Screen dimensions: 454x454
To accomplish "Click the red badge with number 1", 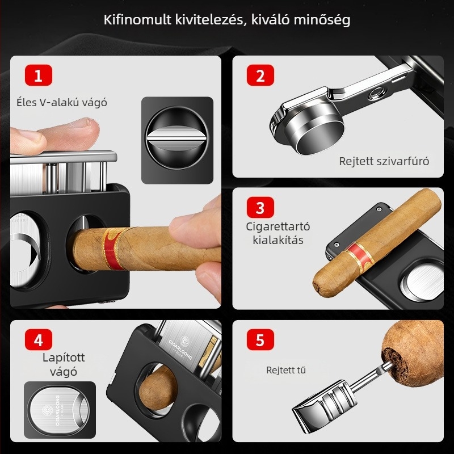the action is pos(39,75).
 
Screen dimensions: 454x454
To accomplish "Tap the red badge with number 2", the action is pos(260,75).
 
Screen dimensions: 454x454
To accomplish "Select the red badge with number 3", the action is pos(260,207).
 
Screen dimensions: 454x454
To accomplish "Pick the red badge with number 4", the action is pos(39,339).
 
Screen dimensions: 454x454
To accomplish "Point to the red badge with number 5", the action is pos(260,339).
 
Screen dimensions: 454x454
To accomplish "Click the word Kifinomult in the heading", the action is pos(137,20).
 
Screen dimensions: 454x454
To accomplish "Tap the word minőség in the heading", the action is pos(322,20).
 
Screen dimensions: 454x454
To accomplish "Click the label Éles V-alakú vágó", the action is pos(62,103).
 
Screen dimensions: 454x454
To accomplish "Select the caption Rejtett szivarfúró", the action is pos(384,161).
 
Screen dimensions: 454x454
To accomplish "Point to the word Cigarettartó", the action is pos(278,226).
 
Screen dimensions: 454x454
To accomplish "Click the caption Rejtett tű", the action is pos(286,370).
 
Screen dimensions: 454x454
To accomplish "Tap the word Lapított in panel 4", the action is pos(64,358).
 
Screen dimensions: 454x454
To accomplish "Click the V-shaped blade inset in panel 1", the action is pos(177,140).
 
